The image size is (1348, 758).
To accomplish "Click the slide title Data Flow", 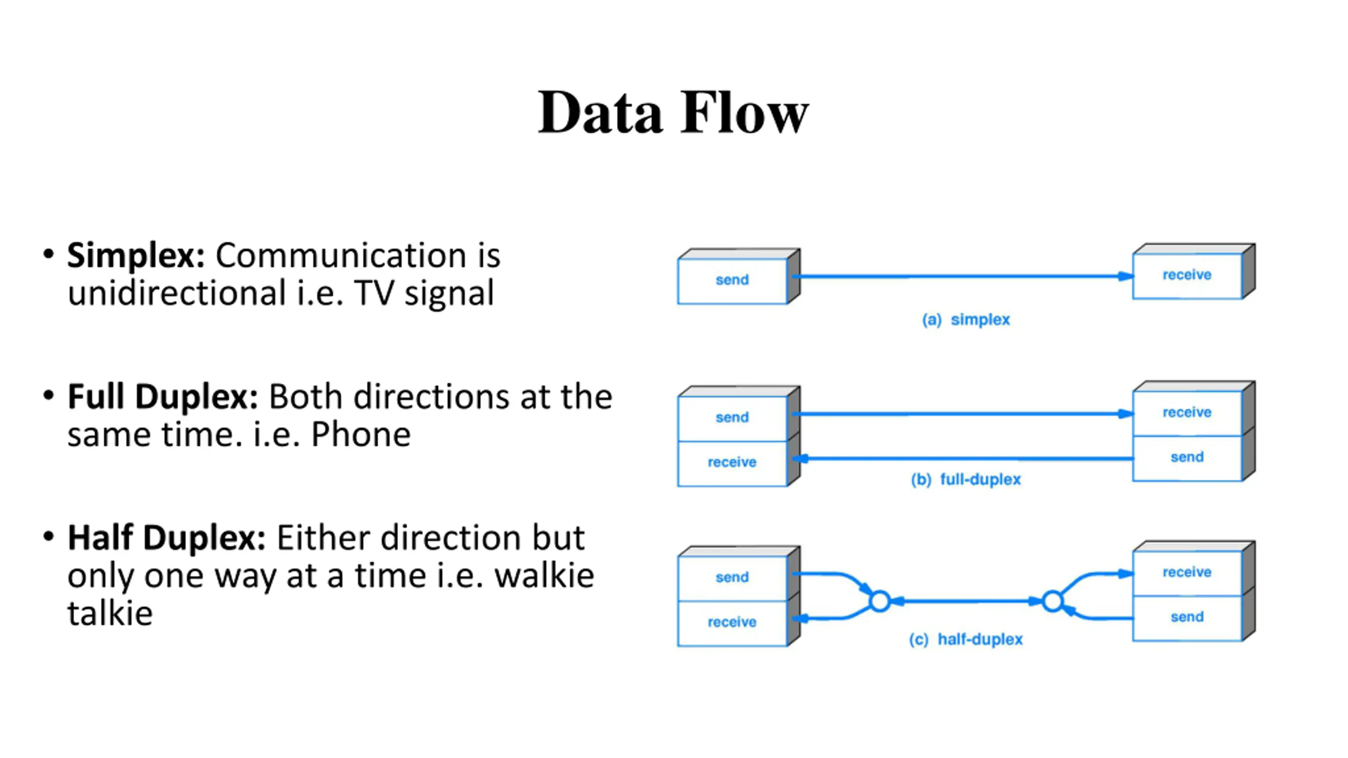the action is pos(673,113).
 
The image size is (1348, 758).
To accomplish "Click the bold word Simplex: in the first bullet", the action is pos(136,256).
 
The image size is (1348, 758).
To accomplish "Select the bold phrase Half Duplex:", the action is pos(166,538).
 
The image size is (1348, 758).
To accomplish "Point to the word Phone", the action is pos(361,435).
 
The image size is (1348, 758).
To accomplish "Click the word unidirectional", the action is pos(177,293).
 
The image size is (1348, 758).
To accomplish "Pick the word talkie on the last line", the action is pos(110,613).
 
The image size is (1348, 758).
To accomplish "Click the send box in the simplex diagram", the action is pos(732,281).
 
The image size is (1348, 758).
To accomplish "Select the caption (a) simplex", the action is pos(966,320).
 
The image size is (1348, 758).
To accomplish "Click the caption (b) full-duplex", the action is pos(966,480).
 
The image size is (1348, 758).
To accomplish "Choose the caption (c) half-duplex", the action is pos(966,640).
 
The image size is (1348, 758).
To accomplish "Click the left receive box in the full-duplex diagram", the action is pos(732,463).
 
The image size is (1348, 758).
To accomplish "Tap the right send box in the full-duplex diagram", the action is pos(1187,458).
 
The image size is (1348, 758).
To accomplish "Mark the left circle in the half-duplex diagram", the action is pos(880,601).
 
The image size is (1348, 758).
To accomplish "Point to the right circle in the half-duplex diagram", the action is pos(1053,601).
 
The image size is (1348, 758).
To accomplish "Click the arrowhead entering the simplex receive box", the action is pos(1125,276).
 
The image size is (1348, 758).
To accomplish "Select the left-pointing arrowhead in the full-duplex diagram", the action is pos(800,459).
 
